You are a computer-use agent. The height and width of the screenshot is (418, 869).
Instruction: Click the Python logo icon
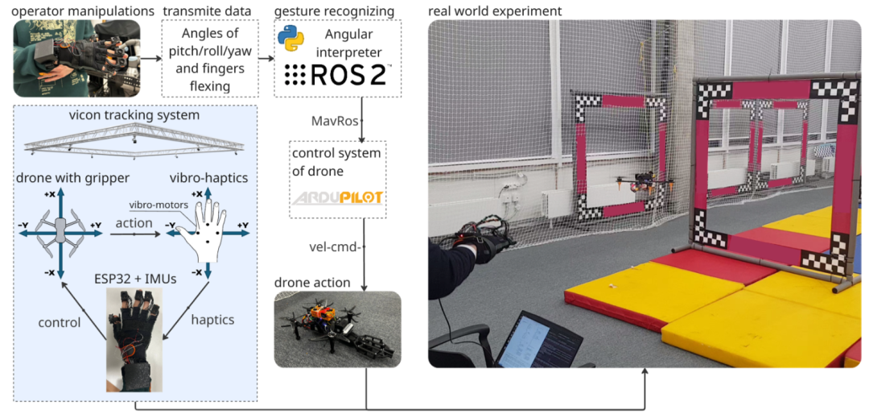tap(290, 39)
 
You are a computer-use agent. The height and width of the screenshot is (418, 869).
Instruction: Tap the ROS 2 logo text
tap(338, 75)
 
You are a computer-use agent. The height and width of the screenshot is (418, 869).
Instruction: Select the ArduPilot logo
tap(337, 198)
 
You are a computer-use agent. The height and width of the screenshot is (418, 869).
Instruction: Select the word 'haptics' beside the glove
tap(212, 320)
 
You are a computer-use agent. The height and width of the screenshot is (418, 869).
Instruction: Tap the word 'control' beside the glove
tap(60, 322)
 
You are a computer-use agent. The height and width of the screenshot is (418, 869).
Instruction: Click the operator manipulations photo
tap(76, 58)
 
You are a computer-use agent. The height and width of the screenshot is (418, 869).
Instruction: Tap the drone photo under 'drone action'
tap(337, 329)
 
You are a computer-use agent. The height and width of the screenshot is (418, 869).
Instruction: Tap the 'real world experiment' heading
tap(495, 10)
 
